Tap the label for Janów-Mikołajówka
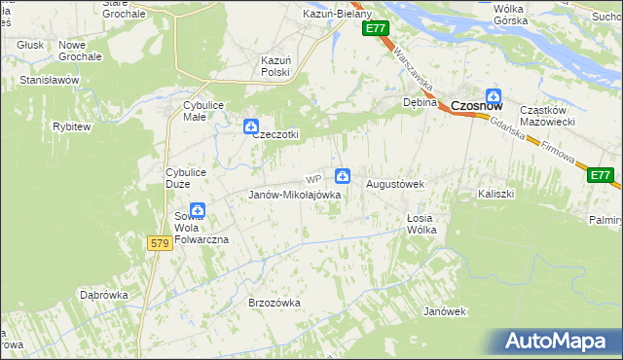tap(294, 195)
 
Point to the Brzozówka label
tap(275, 303)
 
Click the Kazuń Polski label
tap(275, 66)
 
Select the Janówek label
tap(446, 311)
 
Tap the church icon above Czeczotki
tap(250, 126)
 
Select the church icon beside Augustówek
tap(343, 176)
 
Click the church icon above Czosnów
tap(494, 96)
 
